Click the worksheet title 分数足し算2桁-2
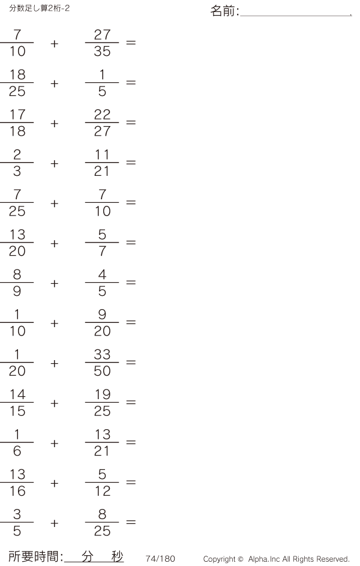(40, 8)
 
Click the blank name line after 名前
(296, 16)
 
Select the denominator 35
(102, 51)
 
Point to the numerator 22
(102, 115)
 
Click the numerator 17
(17, 115)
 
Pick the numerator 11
(102, 154)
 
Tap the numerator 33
(102, 355)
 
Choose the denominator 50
(102, 371)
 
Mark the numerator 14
(17, 394)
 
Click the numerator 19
(103, 394)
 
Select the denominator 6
(17, 451)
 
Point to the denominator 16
(17, 491)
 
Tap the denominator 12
(103, 491)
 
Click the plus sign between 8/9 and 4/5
(55, 283)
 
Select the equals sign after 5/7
(131, 242)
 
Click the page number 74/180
(160, 558)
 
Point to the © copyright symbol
(241, 559)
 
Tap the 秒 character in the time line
(117, 556)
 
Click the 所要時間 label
(34, 556)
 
